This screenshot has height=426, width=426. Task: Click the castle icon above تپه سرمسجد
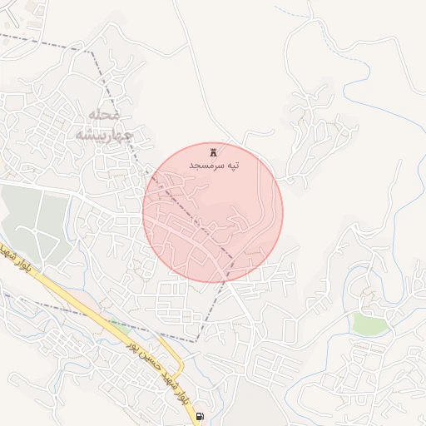(x=213, y=152)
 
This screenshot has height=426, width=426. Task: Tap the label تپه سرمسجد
(x=214, y=166)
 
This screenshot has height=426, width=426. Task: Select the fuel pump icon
(x=199, y=415)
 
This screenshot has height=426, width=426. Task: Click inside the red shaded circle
(x=213, y=213)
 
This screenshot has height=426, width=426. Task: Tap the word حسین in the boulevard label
(x=151, y=365)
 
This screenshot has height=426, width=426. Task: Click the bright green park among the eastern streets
(x=371, y=324)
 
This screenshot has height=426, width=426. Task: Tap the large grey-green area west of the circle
(x=33, y=220)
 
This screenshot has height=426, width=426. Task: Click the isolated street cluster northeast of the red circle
(x=320, y=125)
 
